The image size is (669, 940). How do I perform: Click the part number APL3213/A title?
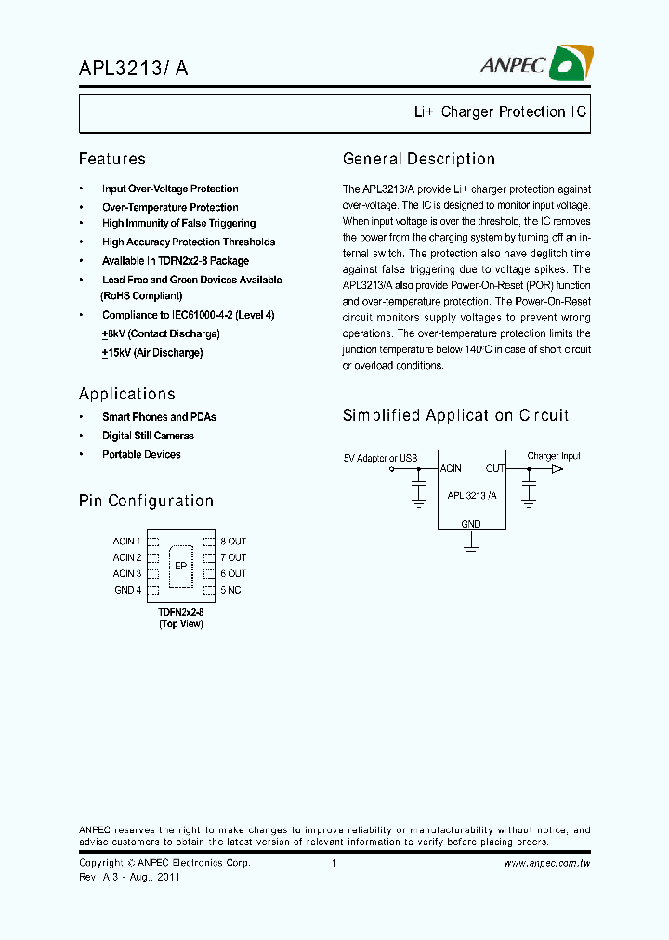(137, 67)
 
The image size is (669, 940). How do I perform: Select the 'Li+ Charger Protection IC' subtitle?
(500, 112)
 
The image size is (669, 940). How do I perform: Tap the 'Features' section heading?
(112, 159)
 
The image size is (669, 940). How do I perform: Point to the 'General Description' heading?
(419, 159)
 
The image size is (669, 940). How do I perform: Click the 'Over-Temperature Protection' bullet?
(170, 207)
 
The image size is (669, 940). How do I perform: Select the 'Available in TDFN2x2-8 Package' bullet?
(176, 261)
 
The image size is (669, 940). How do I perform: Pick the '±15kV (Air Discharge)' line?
(152, 353)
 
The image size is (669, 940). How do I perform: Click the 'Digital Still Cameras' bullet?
(148, 436)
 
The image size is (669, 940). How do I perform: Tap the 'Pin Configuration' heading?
(146, 501)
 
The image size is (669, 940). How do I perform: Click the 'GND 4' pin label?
(127, 590)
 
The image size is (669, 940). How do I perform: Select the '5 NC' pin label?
(230, 590)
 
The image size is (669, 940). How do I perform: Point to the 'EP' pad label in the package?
(180, 565)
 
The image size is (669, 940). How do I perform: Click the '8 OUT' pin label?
(233, 541)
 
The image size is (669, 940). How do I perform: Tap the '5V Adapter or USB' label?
(380, 457)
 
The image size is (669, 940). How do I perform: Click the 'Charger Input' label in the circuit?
(554, 456)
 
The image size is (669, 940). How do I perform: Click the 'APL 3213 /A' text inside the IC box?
(471, 496)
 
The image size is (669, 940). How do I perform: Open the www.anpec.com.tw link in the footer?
(547, 864)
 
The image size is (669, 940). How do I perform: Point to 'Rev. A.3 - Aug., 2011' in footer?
(129, 876)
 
